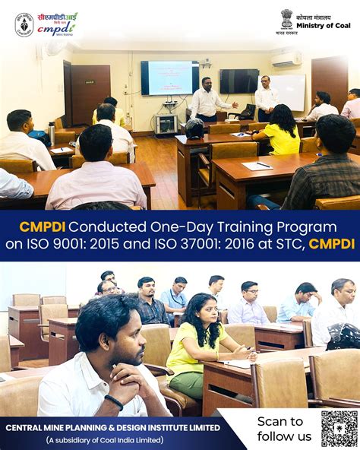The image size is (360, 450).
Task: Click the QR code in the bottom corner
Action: tap(339, 429)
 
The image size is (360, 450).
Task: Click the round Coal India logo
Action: tap(24, 24)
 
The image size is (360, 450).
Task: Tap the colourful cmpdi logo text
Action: tap(58, 24)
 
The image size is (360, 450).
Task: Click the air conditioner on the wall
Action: tap(286, 59)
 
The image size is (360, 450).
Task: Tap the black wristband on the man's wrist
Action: tap(114, 401)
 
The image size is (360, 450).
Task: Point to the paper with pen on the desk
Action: tap(257, 165)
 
